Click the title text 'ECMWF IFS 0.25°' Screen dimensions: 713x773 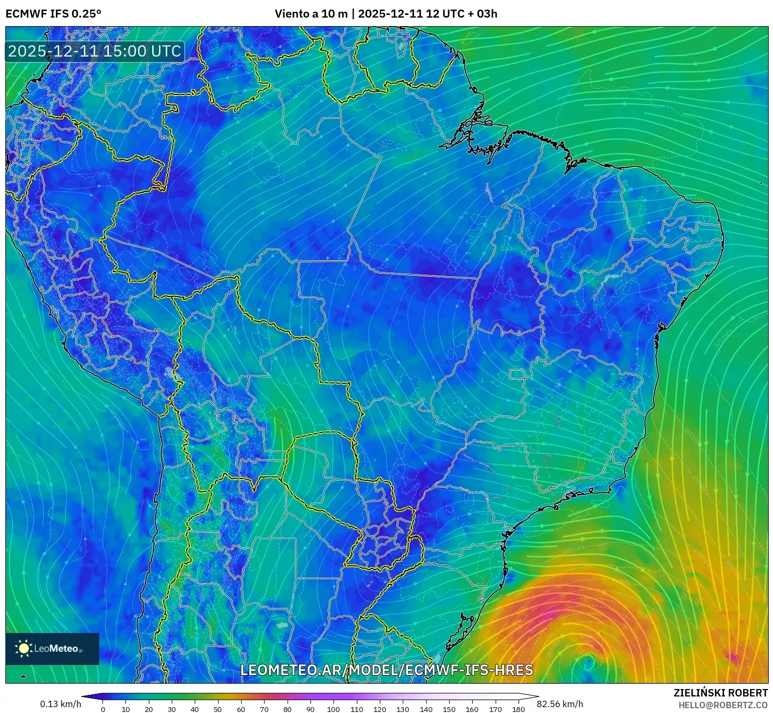pos(53,14)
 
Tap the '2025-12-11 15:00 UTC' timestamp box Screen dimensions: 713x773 pos(94,51)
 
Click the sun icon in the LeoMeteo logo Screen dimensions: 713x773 pos(23,648)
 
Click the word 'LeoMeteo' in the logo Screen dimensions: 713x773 pos(56,648)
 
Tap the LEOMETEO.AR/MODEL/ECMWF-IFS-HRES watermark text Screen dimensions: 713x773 pos(386,670)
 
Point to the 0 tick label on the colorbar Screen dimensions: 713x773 pos(103,709)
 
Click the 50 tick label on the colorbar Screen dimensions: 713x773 pos(218,709)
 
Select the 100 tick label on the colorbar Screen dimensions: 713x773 pos(333,709)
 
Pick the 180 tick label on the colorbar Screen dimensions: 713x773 pos(519,709)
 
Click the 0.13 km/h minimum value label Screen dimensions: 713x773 pos(61,704)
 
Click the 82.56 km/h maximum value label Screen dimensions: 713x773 pos(560,704)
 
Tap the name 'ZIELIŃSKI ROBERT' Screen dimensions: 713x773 pos(720,693)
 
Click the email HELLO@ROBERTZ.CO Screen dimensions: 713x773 pos(723,705)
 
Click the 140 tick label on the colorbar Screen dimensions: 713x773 pos(426,709)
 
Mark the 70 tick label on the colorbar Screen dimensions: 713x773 pos(264,709)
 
